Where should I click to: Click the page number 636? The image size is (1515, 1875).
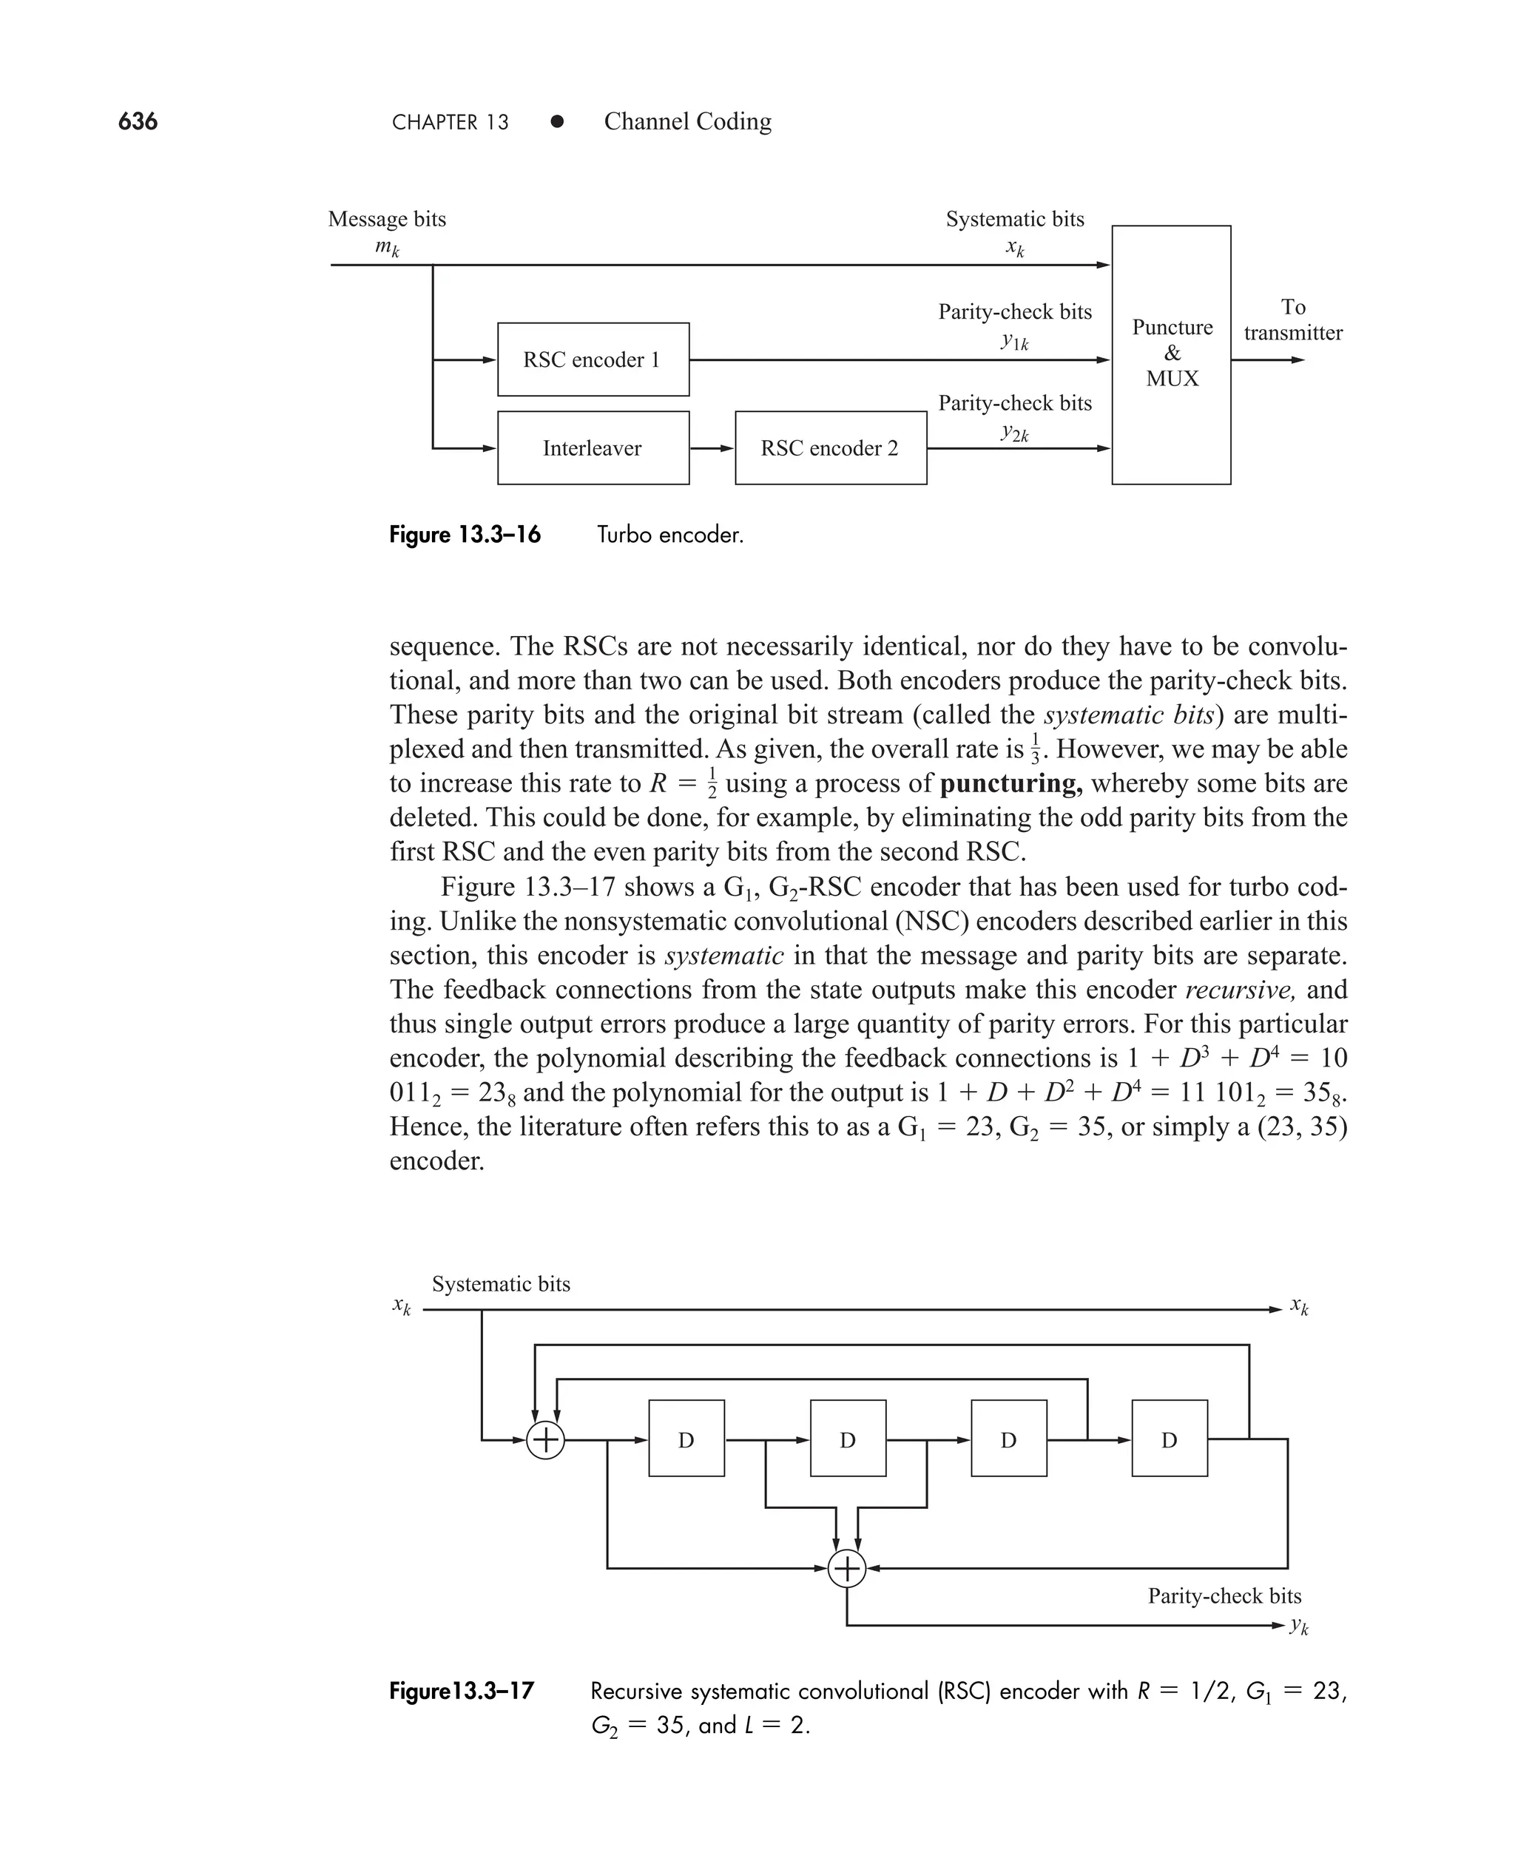(138, 121)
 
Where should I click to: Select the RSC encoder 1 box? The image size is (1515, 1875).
(593, 359)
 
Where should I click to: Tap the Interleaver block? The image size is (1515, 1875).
(593, 447)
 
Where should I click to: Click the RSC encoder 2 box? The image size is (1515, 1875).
(830, 447)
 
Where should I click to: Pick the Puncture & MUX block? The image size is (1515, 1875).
(1171, 354)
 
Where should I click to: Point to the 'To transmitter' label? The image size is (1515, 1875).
(1292, 320)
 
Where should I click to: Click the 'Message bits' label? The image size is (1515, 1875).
(387, 219)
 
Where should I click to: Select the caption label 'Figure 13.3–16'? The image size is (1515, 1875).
(465, 535)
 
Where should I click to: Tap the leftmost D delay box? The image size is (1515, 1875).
(686, 1439)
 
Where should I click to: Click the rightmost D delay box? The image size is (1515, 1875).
(1169, 1439)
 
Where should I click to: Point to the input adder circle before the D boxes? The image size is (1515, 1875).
(545, 1439)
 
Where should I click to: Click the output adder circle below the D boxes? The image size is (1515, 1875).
(846, 1569)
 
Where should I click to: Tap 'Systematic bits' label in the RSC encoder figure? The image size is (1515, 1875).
(501, 1284)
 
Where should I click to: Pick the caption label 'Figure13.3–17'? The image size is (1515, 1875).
(462, 1692)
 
